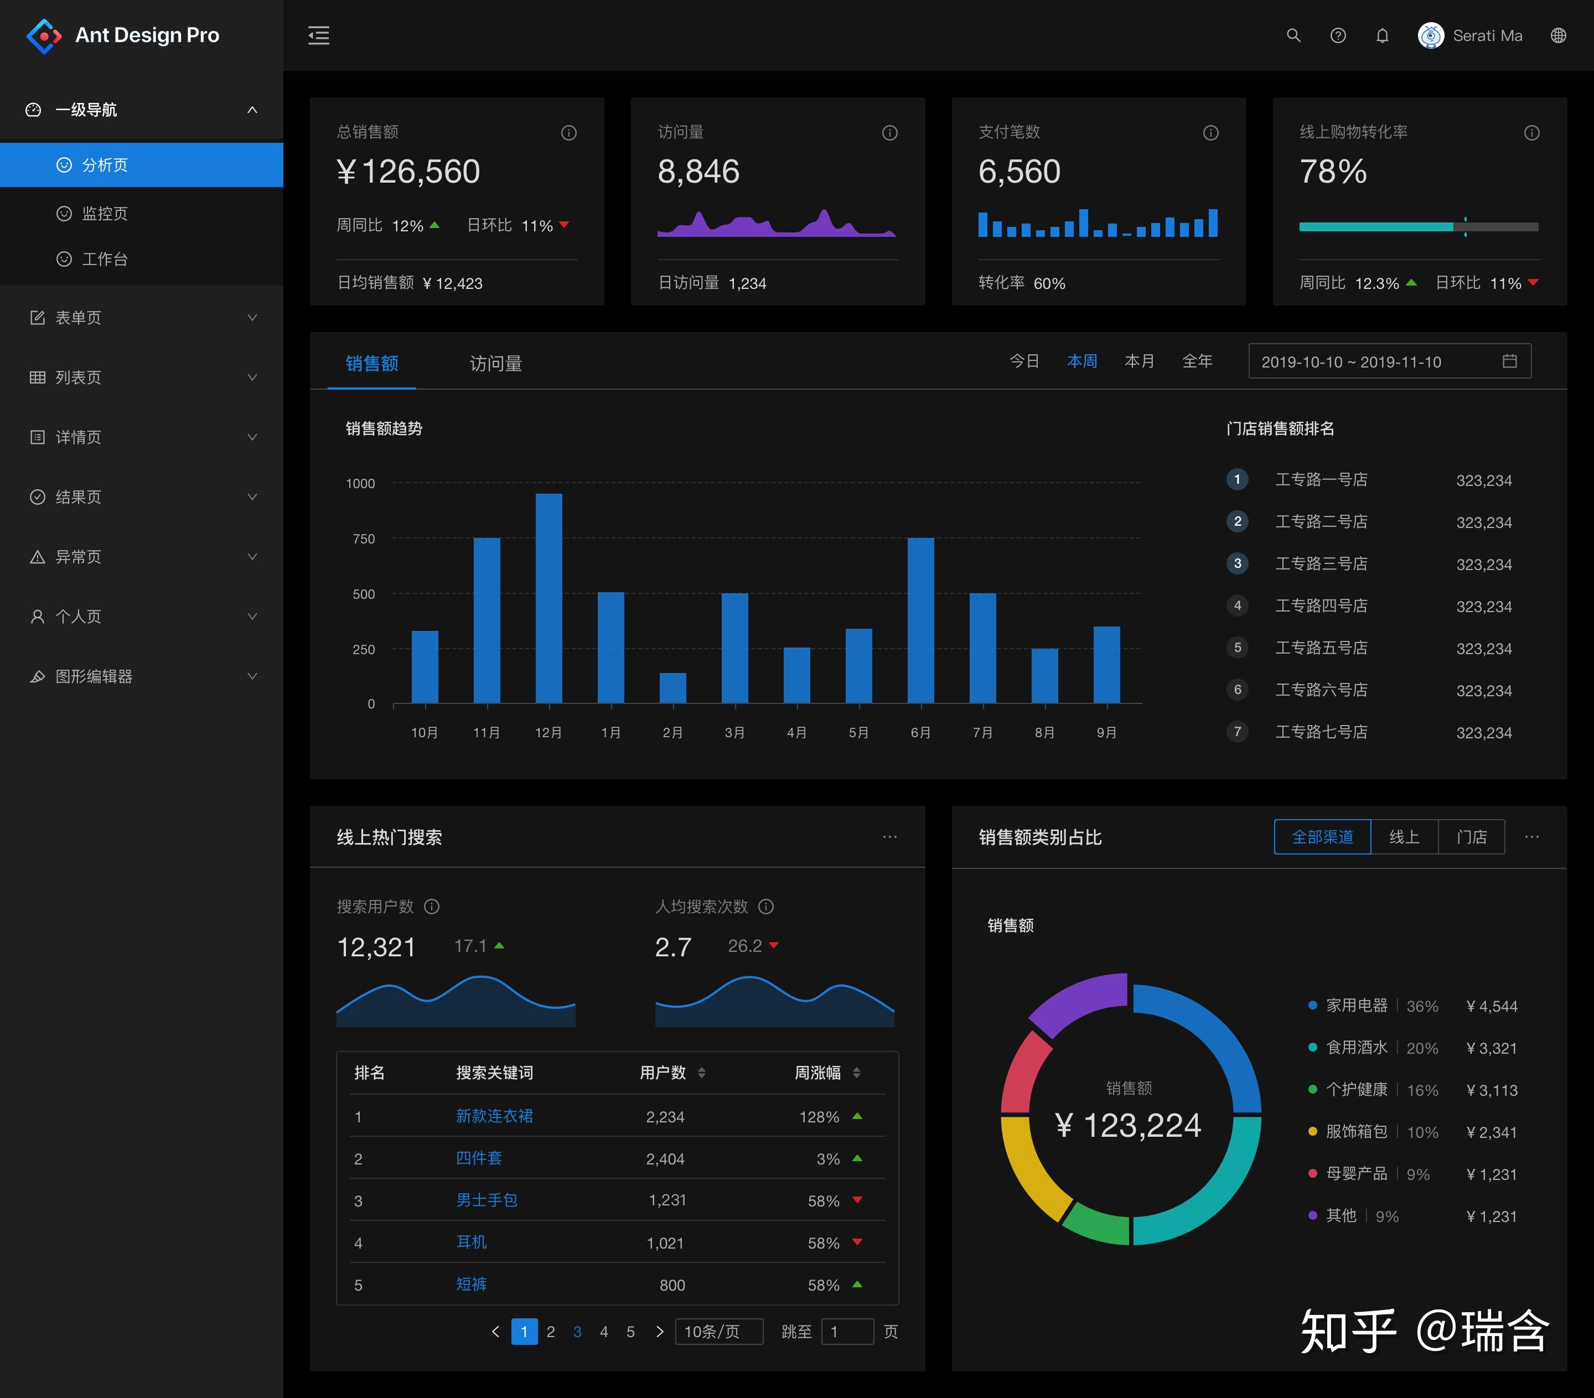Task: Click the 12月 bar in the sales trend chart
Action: [x=548, y=598]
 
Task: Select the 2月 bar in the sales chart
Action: [x=672, y=688]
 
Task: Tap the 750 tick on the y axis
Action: [x=364, y=539]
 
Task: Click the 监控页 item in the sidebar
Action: [x=105, y=214]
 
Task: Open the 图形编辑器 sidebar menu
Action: [x=94, y=676]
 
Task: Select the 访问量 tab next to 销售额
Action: [x=495, y=364]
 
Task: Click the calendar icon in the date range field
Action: [x=1509, y=361]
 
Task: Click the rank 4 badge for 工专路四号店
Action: [x=1237, y=606]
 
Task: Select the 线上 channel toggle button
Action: [x=1404, y=837]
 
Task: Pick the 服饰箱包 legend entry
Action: [x=1356, y=1131]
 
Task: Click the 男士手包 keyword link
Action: [x=487, y=1200]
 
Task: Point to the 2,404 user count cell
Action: [x=664, y=1158]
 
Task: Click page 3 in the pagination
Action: [x=577, y=1332]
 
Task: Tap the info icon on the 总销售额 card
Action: [x=568, y=132]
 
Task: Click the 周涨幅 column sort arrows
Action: [x=856, y=1073]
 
